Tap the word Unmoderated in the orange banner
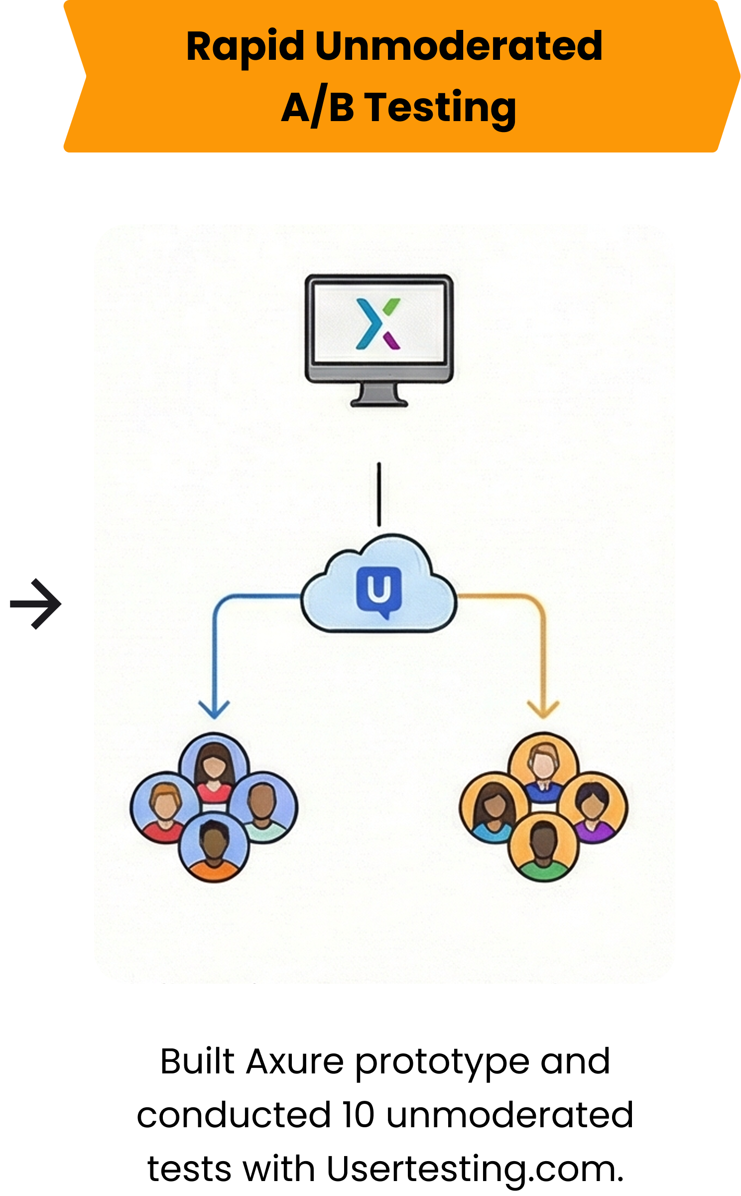tap(459, 46)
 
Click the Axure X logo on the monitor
tap(378, 323)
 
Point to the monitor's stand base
tap(379, 402)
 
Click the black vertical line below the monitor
tap(379, 494)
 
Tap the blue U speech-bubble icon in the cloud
tap(379, 592)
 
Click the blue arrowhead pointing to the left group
tap(214, 710)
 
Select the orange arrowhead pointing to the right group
tap(543, 710)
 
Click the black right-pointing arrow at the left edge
tap(36, 604)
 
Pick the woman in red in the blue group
tap(214, 767)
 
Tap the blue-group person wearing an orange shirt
tap(214, 847)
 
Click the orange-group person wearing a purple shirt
tap(593, 807)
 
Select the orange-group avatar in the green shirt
tap(543, 847)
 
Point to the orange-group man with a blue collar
tap(543, 767)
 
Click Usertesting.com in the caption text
tap(475, 1169)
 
